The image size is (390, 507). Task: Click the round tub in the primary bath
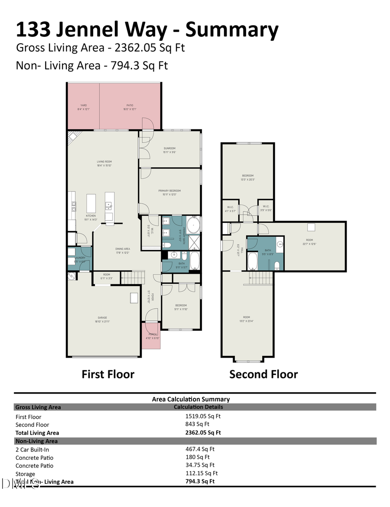(x=193, y=226)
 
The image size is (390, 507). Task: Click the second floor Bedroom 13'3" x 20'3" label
(x=247, y=177)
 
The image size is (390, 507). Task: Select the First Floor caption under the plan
(x=108, y=374)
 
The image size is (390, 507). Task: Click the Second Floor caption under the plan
(x=263, y=374)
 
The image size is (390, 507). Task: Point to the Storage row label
(x=26, y=474)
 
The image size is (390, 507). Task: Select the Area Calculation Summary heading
(x=191, y=399)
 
